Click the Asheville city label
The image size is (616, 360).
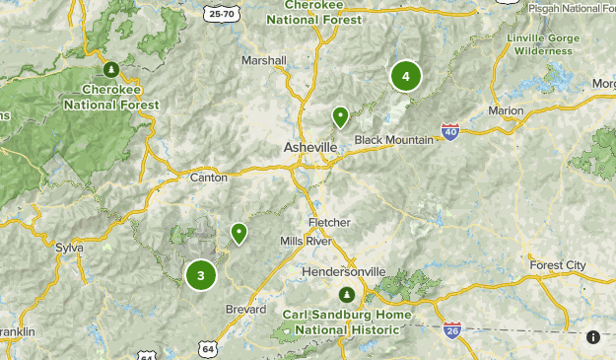coord(310,147)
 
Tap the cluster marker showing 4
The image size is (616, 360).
coord(405,76)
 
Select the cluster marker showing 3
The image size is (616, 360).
coord(201,275)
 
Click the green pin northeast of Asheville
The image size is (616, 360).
coord(340,117)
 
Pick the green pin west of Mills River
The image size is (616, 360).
coord(239,233)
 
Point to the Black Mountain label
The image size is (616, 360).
coord(394,140)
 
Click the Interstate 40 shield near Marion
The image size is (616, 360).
coord(449,131)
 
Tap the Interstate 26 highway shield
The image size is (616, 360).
coord(452,329)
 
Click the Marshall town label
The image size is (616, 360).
coord(264,60)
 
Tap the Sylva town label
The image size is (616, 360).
coord(69,247)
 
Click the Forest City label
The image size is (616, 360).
coord(558,265)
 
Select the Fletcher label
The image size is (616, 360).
coord(329,222)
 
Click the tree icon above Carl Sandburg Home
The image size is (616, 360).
coord(346,295)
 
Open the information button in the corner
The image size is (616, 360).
coord(593,337)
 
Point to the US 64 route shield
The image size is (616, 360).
coord(208,349)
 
